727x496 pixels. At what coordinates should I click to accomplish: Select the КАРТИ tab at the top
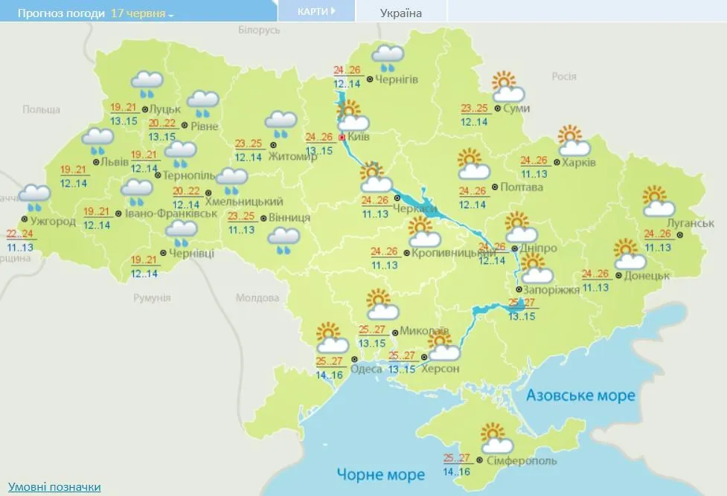[316, 11]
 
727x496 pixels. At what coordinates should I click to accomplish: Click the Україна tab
[400, 13]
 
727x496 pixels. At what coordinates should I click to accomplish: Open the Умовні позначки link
[54, 487]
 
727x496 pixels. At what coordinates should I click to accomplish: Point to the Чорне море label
[380, 474]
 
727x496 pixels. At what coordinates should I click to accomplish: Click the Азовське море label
[580, 395]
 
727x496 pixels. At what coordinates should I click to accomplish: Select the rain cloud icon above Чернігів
[388, 57]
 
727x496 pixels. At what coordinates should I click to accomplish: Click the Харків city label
[579, 162]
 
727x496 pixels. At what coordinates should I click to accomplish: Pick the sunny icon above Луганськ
[658, 202]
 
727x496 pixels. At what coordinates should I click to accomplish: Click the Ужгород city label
[53, 221]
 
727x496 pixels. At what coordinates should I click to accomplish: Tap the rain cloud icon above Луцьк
[147, 84]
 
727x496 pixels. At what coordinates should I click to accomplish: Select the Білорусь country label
[259, 30]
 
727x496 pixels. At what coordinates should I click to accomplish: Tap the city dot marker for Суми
[497, 109]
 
